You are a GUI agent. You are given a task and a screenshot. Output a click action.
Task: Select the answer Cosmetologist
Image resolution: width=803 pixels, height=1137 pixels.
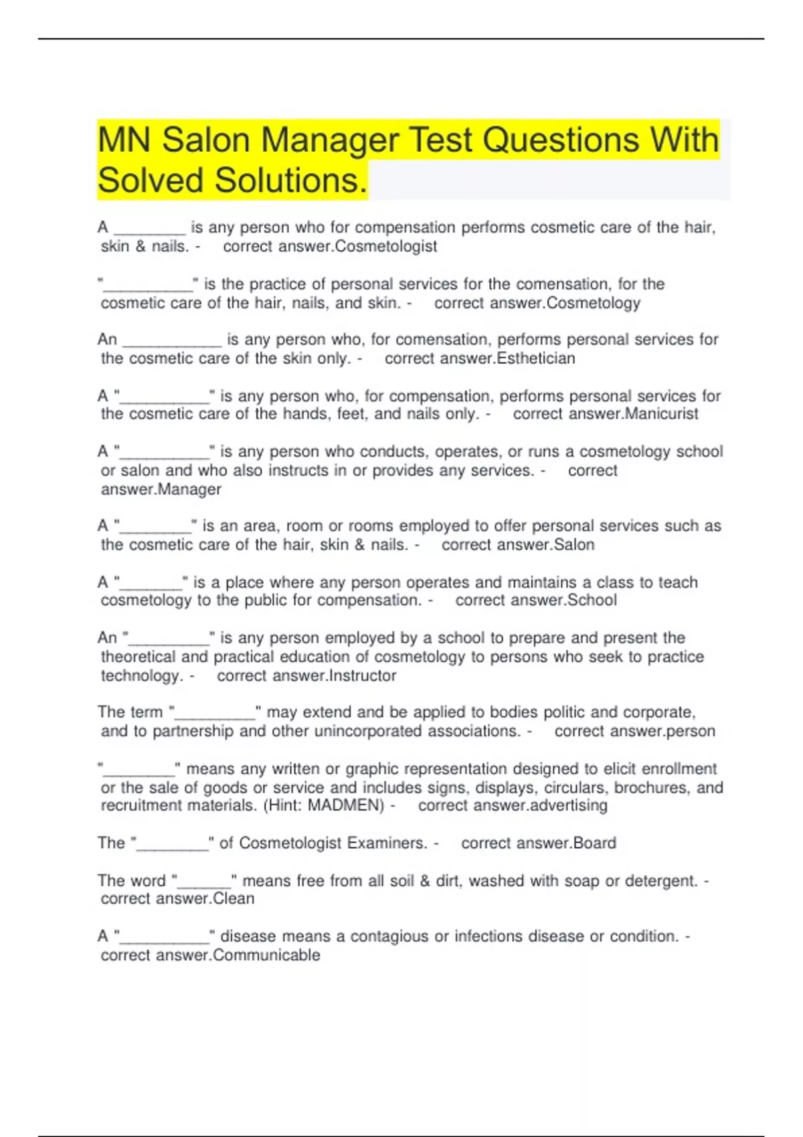point(386,246)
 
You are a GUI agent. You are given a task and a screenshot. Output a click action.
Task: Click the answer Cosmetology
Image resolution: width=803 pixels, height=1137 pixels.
point(594,303)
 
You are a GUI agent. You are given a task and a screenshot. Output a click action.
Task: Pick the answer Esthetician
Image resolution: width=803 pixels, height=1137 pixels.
point(536,358)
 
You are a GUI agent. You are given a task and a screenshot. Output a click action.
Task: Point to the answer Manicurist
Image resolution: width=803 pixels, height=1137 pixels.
point(661,414)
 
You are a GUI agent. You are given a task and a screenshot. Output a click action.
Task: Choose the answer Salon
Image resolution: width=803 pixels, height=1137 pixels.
point(574,544)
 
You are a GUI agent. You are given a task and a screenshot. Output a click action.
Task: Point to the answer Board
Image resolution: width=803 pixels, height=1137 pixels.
point(594,843)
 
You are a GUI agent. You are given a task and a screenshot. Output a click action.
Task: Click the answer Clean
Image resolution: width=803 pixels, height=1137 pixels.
point(234,898)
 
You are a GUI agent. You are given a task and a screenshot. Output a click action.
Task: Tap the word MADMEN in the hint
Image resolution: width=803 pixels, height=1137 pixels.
point(345,805)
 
